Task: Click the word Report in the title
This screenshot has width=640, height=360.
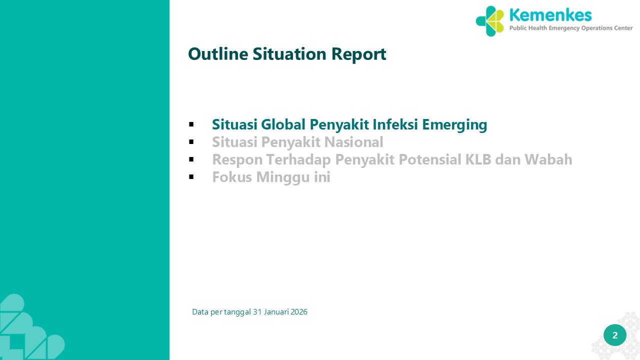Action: [359, 54]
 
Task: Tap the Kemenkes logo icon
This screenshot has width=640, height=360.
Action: [489, 21]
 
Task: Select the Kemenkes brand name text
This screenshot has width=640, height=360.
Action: [550, 15]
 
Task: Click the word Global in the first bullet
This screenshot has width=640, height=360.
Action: [283, 124]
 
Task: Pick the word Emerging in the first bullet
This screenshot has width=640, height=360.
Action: [454, 125]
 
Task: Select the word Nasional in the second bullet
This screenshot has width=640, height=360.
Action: [353, 142]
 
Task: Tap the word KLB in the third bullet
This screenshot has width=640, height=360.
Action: [478, 159]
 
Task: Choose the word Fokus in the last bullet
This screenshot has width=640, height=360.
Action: [232, 177]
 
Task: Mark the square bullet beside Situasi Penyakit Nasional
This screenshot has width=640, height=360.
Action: [191, 142]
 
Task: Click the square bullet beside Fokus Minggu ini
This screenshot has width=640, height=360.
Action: [191, 177]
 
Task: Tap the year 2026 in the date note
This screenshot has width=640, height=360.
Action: [299, 311]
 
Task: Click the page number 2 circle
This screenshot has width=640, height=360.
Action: [615, 335]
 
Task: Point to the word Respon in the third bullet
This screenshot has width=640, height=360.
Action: [237, 160]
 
